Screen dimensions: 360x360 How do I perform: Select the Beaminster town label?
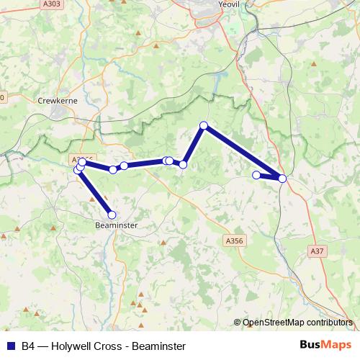(x=115, y=225)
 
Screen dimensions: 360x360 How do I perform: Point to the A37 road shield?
(x=316, y=251)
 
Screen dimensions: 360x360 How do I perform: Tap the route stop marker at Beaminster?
(x=112, y=214)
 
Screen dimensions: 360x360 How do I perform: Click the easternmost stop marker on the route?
(x=282, y=178)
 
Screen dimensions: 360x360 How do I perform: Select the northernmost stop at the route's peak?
(x=204, y=126)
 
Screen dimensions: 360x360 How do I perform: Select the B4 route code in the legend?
(x=28, y=346)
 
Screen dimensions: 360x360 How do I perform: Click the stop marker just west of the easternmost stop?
(x=256, y=174)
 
